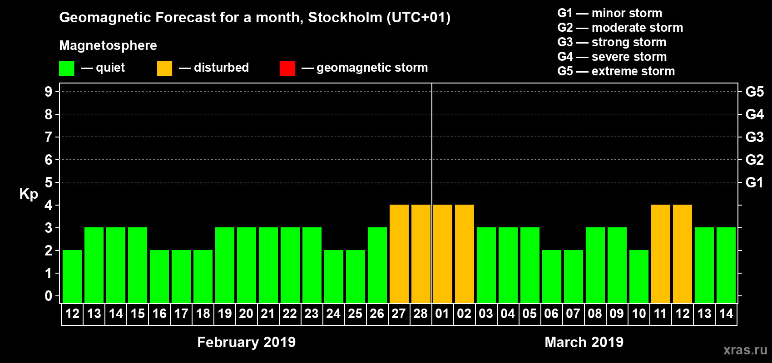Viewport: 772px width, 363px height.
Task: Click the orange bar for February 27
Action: (x=399, y=254)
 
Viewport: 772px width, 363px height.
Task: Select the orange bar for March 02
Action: (x=465, y=254)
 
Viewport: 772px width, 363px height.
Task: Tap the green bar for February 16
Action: (x=159, y=276)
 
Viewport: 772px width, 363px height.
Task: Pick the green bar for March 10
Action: (x=639, y=276)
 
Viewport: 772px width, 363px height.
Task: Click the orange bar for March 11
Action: (x=661, y=254)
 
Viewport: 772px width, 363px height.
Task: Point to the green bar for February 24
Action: (x=334, y=276)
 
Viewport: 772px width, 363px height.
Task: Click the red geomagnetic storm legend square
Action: (x=287, y=69)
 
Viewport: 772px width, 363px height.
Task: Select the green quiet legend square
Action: (x=67, y=69)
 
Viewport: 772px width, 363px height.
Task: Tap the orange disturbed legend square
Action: (x=164, y=69)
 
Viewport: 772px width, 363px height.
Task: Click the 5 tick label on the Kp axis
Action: (x=49, y=182)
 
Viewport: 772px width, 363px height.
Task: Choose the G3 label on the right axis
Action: (x=754, y=137)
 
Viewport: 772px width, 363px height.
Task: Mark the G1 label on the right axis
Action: (x=754, y=182)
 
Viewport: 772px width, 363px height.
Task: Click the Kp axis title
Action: (x=29, y=194)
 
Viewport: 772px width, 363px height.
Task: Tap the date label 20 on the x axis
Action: (x=246, y=314)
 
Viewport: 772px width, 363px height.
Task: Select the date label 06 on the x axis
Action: (x=551, y=314)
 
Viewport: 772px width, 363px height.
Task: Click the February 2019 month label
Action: (x=246, y=342)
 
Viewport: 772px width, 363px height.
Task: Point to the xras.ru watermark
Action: (x=745, y=350)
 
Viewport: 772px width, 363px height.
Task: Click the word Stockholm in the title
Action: (x=345, y=18)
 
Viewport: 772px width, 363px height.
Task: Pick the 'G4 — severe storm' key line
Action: (x=612, y=57)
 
